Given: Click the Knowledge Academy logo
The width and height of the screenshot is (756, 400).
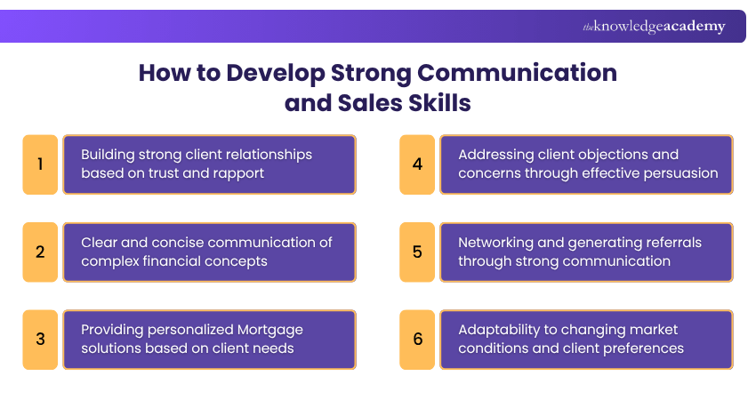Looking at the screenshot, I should pyautogui.click(x=654, y=27).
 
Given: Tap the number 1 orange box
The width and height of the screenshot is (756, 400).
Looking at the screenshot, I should pyautogui.click(x=40, y=164).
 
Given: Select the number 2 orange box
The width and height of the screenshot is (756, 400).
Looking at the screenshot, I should pyautogui.click(x=40, y=252).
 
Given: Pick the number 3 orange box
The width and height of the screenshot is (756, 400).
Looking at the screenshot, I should pyautogui.click(x=40, y=339).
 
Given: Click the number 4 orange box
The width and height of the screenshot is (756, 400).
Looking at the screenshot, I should pyautogui.click(x=417, y=164).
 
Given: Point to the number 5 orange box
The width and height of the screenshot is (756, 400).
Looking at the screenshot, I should pyautogui.click(x=417, y=252).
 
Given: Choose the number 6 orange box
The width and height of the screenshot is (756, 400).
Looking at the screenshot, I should pyautogui.click(x=417, y=339).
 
